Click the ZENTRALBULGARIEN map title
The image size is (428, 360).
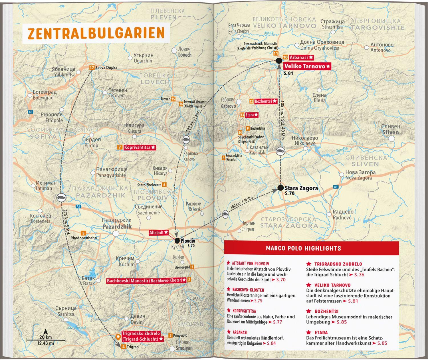pyautogui.click(x=96, y=33)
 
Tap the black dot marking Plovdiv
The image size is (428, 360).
pyautogui.click(x=177, y=240)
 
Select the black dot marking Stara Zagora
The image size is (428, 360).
pyautogui.click(x=280, y=188)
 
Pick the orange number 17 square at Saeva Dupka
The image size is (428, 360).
pyautogui.click(x=91, y=68)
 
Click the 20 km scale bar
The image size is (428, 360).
pyautogui.click(x=46, y=340)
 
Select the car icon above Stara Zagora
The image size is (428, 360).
pyautogui.click(x=280, y=151)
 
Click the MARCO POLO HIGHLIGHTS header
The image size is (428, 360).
pyautogui.click(x=303, y=248)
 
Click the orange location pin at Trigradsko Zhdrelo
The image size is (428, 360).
pyautogui.click(x=118, y=337)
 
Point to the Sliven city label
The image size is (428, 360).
pyautogui.click(x=390, y=132)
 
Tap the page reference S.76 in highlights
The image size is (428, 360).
pyautogui.click(x=359, y=274)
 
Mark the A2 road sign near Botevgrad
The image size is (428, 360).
pyautogui.click(x=31, y=112)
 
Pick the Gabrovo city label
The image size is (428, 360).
pyautogui.click(x=228, y=106)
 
